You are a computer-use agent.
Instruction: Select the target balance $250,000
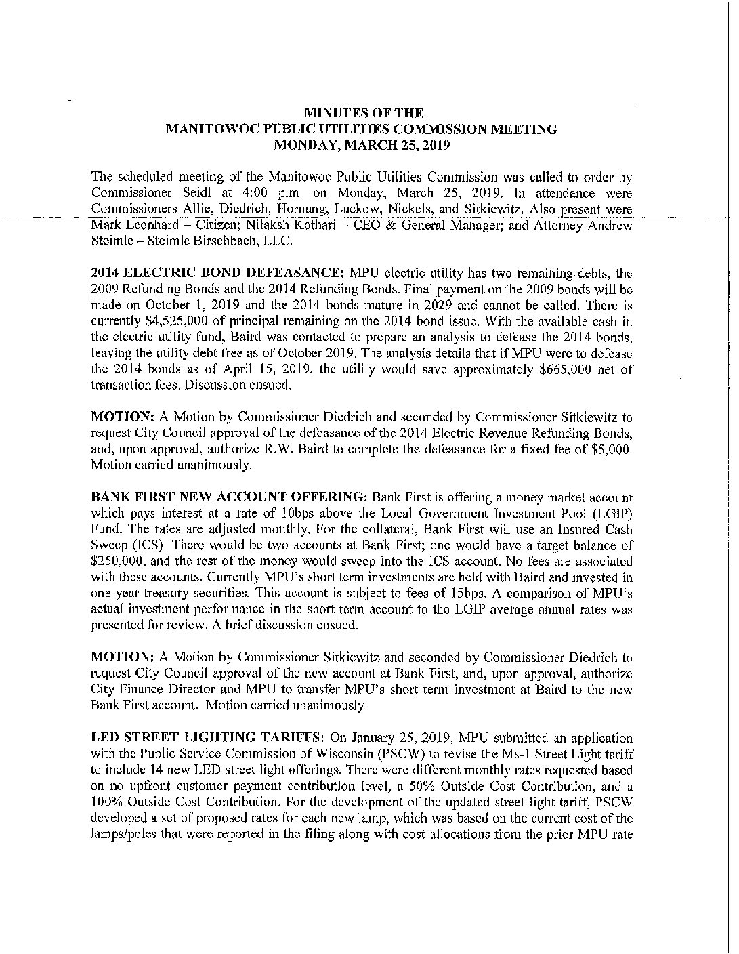(x=116, y=562)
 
